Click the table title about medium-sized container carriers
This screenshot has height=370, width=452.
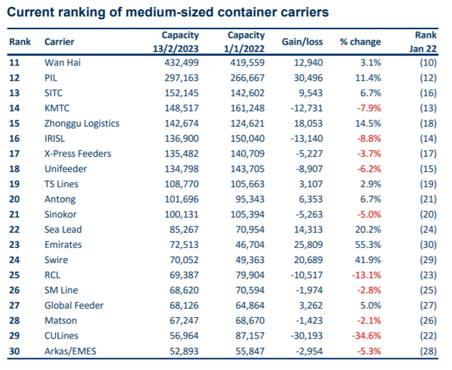[168, 13]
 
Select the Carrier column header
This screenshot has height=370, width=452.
[59, 42]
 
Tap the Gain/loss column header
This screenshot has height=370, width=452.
[302, 42]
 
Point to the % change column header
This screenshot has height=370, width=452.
[360, 42]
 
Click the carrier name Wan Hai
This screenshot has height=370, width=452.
[62, 63]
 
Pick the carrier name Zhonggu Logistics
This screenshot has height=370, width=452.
[82, 123]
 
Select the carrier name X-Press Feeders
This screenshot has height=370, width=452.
[77, 154]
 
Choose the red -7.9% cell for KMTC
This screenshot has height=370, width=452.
[369, 108]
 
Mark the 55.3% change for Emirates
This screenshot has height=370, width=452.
[368, 245]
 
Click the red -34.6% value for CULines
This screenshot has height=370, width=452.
[366, 336]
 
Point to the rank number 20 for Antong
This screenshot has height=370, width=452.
[15, 199]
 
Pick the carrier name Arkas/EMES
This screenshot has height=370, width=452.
[70, 351]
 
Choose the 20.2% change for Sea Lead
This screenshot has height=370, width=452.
[368, 230]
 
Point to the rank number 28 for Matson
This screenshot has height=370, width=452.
[15, 321]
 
